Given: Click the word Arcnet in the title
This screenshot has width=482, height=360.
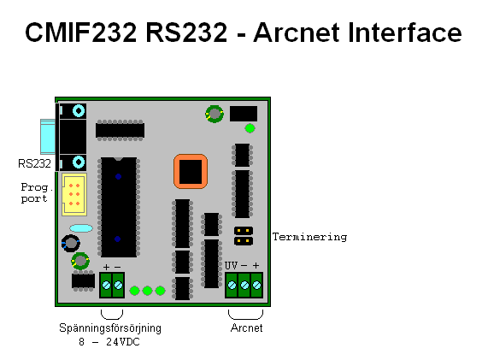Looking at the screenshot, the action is click(x=297, y=32).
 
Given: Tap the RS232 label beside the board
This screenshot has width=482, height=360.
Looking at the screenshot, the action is click(x=34, y=163).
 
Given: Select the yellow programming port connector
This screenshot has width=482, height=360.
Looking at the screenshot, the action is click(x=74, y=194).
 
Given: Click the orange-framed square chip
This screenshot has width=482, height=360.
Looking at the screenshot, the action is click(x=191, y=171).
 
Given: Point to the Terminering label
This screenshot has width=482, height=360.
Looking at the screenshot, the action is click(x=310, y=237).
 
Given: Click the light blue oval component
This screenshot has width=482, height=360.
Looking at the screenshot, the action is click(x=81, y=228).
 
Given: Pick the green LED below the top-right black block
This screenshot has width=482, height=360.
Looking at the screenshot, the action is click(x=250, y=128).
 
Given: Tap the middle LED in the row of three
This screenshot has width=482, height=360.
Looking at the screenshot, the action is click(x=147, y=291).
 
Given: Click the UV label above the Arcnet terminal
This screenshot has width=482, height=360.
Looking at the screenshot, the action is click(x=231, y=265).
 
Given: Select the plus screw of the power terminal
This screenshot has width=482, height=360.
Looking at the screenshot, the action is click(x=106, y=286).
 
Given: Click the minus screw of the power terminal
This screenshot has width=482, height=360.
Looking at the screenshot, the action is click(x=118, y=286).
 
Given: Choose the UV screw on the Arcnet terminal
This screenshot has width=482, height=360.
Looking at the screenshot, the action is click(x=232, y=286).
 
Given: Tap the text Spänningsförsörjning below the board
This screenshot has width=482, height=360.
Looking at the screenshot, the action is click(x=110, y=328).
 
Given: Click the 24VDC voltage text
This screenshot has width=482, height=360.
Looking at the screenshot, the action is click(x=123, y=342).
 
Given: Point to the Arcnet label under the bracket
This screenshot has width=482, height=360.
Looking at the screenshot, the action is click(x=246, y=328).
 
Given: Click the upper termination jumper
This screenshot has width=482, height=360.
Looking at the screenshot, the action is click(x=244, y=231).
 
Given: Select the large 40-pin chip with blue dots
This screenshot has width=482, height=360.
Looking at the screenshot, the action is click(x=119, y=207).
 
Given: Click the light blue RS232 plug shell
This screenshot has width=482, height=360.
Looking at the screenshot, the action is click(x=48, y=136).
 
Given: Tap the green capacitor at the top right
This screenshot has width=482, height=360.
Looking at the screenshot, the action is click(x=215, y=114).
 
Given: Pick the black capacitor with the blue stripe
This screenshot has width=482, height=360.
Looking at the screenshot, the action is click(x=71, y=243).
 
